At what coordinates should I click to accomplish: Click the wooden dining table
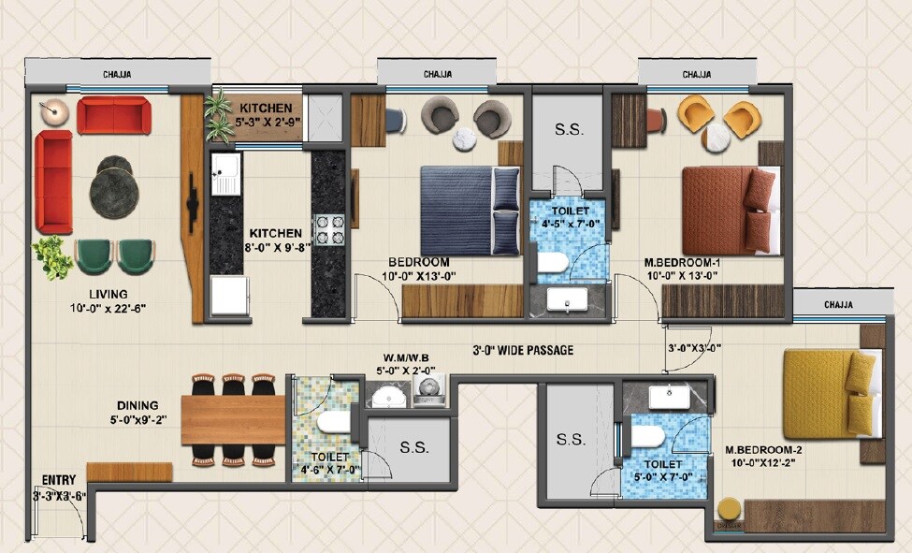point(232,420)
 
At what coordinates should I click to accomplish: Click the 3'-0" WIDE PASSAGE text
point(522,351)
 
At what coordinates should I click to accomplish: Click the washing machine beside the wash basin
point(429,392)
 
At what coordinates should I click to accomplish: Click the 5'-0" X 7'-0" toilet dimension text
point(662,477)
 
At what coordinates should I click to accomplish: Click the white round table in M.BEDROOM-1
point(717,137)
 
